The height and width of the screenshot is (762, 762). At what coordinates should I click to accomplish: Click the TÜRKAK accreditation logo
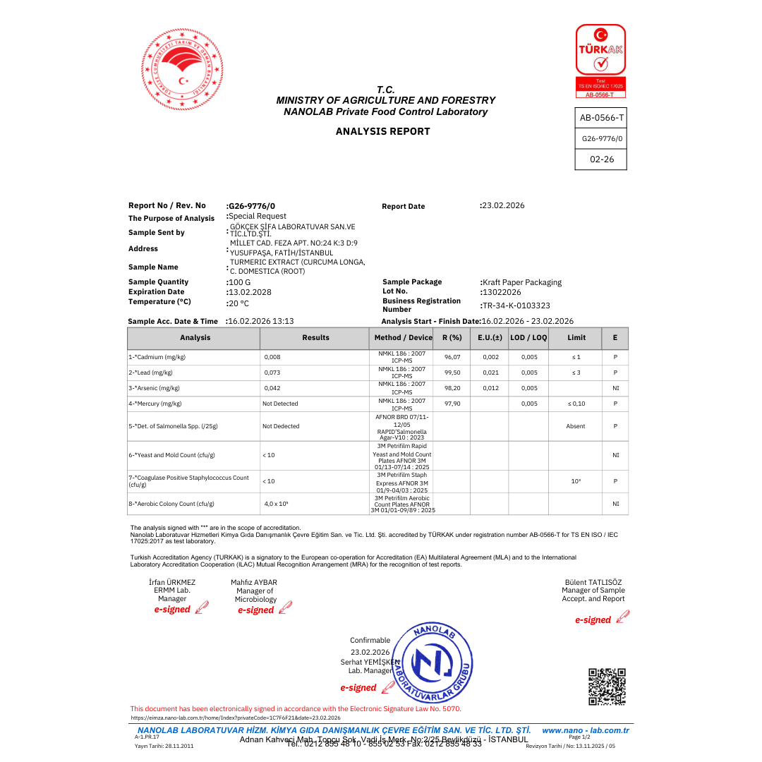[600, 61]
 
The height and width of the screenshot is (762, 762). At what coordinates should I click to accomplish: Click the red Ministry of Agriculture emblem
[182, 69]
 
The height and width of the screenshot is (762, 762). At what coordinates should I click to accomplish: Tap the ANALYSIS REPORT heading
[382, 131]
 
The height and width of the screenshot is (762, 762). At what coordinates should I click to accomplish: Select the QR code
[607, 687]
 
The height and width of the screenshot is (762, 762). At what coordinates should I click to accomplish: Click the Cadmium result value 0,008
[272, 357]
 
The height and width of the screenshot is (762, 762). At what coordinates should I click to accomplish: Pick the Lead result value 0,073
[272, 373]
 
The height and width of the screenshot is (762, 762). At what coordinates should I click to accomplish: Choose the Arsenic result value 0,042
[272, 388]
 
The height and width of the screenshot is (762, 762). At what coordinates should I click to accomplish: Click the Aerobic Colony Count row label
[171, 504]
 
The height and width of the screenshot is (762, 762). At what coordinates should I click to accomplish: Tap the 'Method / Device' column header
[403, 338]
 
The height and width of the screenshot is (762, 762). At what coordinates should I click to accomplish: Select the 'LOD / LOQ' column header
[528, 338]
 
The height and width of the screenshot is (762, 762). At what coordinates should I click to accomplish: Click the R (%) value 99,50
[452, 373]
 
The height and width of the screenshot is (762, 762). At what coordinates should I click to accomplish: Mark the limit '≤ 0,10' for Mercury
[576, 404]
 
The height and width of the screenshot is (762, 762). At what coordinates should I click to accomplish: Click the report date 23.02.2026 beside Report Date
[503, 205]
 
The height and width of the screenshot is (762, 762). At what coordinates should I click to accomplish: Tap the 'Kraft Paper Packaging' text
[522, 282]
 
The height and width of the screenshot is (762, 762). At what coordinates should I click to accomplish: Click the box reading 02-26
[601, 159]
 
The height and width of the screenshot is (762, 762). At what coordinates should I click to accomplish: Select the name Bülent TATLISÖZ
[594, 582]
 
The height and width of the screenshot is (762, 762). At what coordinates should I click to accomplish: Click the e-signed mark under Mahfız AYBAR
[255, 610]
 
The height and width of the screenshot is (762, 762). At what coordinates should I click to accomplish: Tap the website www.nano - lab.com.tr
[585, 730]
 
